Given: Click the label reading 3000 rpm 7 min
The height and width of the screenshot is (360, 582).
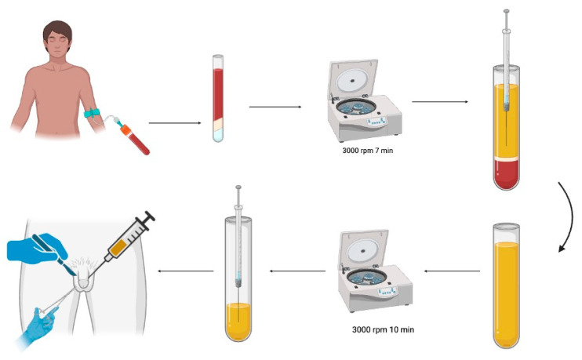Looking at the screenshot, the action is pyautogui.click(x=367, y=151).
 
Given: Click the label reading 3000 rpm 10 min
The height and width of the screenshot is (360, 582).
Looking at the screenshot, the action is pyautogui.click(x=383, y=329).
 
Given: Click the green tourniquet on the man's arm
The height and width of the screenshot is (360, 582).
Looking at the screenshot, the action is pyautogui.click(x=92, y=112).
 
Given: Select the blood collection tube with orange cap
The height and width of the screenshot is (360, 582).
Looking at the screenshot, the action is pyautogui.click(x=135, y=139).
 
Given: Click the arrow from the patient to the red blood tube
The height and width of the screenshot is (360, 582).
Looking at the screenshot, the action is pyautogui.click(x=175, y=123).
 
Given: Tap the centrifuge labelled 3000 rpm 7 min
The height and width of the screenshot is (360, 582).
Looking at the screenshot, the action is pyautogui.click(x=364, y=101).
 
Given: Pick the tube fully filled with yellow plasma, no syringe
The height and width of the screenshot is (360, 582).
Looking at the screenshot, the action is pyautogui.click(x=506, y=285).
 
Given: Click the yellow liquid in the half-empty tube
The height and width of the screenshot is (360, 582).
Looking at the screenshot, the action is pyautogui.click(x=238, y=322).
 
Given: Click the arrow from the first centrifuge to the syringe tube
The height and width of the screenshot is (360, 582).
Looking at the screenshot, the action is pyautogui.click(x=440, y=101).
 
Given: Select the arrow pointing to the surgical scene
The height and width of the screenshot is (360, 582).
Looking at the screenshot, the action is pyautogui.click(x=186, y=271).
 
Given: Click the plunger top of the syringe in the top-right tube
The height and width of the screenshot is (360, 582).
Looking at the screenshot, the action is pyautogui.click(x=506, y=12).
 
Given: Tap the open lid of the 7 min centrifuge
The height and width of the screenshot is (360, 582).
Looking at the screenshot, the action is pyautogui.click(x=353, y=79).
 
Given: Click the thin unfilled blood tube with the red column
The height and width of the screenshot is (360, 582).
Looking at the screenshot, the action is pyautogui.click(x=218, y=98).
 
